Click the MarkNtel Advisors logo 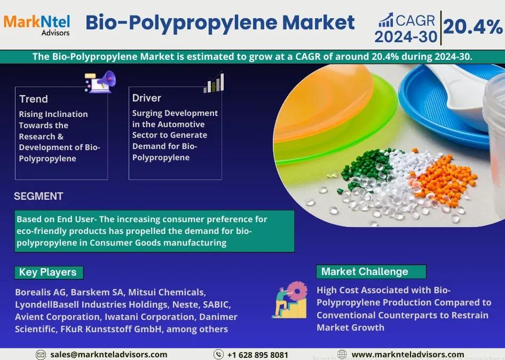click(37, 25)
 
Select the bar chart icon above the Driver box click(214, 82)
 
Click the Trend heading click(34, 99)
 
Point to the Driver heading click(147, 98)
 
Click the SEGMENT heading click(38, 196)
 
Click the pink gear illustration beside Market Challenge click(297, 292)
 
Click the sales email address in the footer click(108, 355)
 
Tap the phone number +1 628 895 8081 click(257, 355)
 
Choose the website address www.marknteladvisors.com click(408, 355)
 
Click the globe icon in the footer click(342, 355)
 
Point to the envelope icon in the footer click(41, 355)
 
